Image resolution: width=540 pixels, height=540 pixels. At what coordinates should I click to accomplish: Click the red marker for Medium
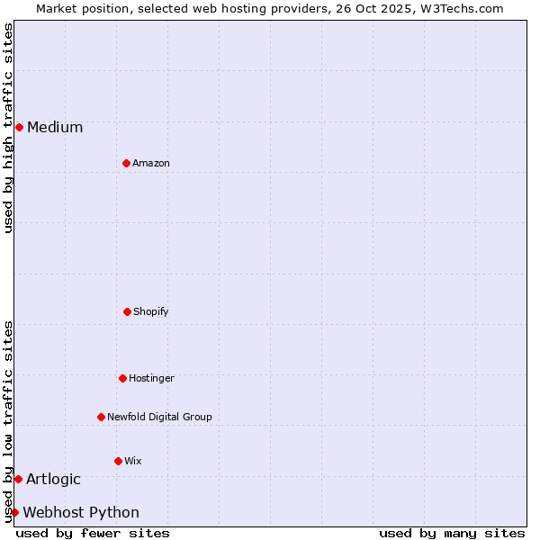pyautogui.click(x=19, y=127)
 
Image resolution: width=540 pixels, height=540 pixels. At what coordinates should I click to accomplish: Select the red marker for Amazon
pyautogui.click(x=126, y=163)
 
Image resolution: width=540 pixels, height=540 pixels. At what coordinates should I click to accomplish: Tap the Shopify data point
pyautogui.click(x=127, y=311)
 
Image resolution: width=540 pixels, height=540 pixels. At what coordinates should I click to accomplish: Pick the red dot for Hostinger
pyautogui.click(x=122, y=378)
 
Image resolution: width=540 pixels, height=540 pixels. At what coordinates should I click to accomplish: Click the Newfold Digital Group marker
pyautogui.click(x=101, y=417)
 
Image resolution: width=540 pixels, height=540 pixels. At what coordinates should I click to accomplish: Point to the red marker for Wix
pyautogui.click(x=118, y=461)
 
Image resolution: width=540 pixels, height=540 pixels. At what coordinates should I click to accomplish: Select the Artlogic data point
pyautogui.click(x=18, y=479)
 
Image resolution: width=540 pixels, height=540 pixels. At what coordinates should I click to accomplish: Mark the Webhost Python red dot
pyautogui.click(x=14, y=512)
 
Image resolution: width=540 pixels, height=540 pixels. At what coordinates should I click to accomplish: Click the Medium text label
pyautogui.click(x=55, y=127)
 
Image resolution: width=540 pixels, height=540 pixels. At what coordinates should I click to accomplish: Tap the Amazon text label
pyautogui.click(x=151, y=163)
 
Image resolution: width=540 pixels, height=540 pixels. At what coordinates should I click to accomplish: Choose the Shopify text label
pyautogui.click(x=151, y=311)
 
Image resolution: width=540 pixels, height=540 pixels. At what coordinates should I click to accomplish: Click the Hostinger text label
pyautogui.click(x=151, y=378)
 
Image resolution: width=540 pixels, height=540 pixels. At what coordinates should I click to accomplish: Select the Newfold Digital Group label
pyautogui.click(x=159, y=417)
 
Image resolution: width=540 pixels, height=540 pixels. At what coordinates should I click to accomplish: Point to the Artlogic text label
pyautogui.click(x=53, y=479)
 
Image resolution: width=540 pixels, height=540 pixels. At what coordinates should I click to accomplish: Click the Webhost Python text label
pyautogui.click(x=81, y=512)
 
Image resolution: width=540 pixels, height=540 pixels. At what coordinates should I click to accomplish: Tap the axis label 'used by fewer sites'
pyautogui.click(x=93, y=533)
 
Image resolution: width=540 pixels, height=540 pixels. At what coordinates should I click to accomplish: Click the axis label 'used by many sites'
pyautogui.click(x=452, y=533)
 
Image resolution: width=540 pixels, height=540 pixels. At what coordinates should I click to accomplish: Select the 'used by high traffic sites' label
pyautogui.click(x=8, y=128)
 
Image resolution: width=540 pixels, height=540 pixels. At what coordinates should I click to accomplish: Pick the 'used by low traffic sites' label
pyautogui.click(x=8, y=421)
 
